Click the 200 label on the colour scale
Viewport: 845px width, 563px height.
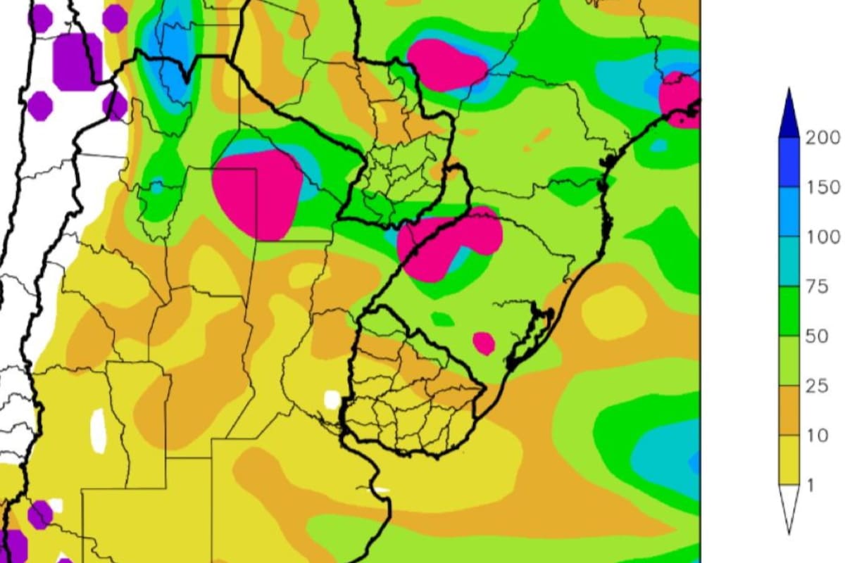[x=822, y=138]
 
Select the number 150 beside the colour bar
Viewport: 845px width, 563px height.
[x=822, y=187]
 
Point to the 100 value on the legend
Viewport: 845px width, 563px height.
[x=822, y=236]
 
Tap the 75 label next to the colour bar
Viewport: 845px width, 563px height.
[x=817, y=286]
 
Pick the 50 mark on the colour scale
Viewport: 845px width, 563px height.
[x=817, y=336]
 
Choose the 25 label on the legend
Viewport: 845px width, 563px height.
[x=817, y=386]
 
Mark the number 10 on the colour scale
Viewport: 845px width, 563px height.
[x=817, y=436]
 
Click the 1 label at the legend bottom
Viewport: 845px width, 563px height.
[x=811, y=485]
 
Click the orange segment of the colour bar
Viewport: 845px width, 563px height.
[x=789, y=410]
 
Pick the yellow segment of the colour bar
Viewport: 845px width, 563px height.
[x=789, y=460]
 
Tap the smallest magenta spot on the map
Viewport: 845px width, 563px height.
[x=484, y=343]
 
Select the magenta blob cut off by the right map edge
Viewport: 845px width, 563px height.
[x=680, y=99]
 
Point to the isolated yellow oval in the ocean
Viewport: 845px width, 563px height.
[x=613, y=312]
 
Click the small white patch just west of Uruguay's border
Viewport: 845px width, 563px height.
[x=332, y=399]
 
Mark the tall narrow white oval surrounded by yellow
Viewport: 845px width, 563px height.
[x=99, y=430]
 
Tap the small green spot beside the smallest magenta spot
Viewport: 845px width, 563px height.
[x=443, y=320]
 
